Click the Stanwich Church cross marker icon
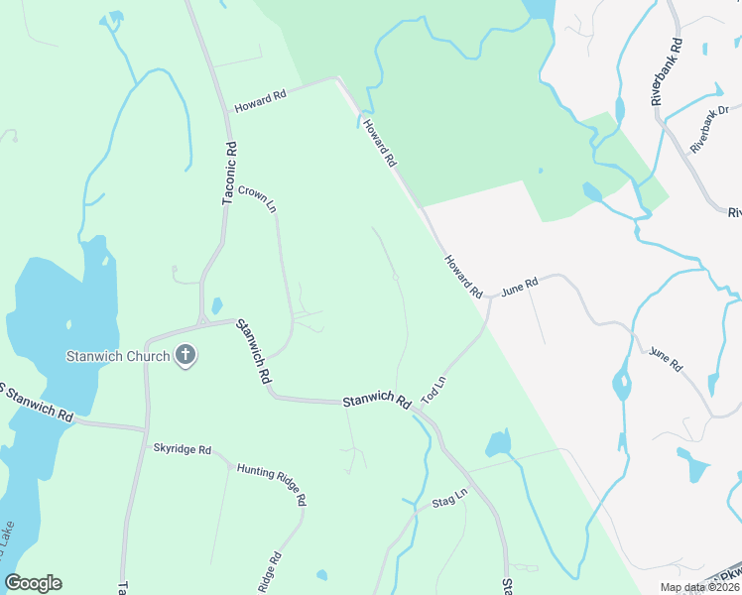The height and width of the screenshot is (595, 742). pyautogui.click(x=185, y=356)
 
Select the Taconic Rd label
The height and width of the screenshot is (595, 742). pyautogui.click(x=230, y=174)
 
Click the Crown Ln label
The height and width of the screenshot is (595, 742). pyautogui.click(x=256, y=197)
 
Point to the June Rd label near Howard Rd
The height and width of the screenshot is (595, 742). pyautogui.click(x=519, y=287)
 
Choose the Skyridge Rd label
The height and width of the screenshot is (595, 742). pyautogui.click(x=182, y=449)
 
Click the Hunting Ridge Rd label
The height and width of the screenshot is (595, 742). pyautogui.click(x=271, y=484)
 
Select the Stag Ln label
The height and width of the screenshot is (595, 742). pyautogui.click(x=449, y=502)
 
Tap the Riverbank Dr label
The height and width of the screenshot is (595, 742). pyautogui.click(x=709, y=128)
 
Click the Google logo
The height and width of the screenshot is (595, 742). pyautogui.click(x=33, y=583)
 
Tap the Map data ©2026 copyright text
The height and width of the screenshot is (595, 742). pyautogui.click(x=697, y=587)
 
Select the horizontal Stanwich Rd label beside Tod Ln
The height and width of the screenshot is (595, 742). pyautogui.click(x=376, y=403)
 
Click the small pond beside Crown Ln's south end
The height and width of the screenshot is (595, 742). pyautogui.click(x=216, y=307)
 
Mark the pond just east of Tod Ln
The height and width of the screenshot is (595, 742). pyautogui.click(x=498, y=442)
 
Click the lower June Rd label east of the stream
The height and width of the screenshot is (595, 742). pyautogui.click(x=666, y=359)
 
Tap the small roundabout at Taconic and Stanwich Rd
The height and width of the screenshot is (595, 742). pyautogui.click(x=201, y=321)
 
